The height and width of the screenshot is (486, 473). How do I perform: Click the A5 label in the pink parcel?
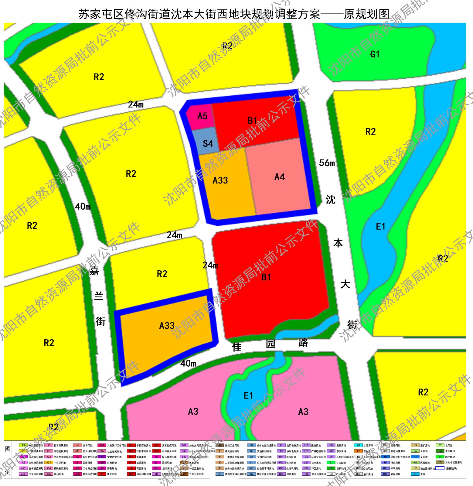tap(202, 116)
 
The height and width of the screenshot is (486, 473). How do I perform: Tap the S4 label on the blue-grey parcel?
tap(208, 143)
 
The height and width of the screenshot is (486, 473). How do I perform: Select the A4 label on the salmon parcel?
tap(279, 177)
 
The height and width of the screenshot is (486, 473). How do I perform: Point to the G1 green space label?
tap(375, 54)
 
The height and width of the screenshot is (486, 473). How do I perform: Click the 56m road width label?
tap(327, 163)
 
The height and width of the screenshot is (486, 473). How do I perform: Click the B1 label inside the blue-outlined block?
tap(253, 121)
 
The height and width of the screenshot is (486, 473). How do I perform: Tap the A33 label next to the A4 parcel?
tap(220, 180)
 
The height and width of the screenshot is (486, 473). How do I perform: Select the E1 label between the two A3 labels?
tap(248, 395)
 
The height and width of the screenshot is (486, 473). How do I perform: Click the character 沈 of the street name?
tap(331, 200)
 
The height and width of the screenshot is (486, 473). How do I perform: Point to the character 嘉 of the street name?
tap(94, 270)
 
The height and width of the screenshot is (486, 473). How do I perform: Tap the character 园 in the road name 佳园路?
tap(270, 344)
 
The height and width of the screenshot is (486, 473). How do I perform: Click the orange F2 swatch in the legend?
tap(358, 451)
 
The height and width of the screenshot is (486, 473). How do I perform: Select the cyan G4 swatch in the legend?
tap(358, 446)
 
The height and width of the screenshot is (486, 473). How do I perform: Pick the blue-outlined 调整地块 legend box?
tap(440, 468)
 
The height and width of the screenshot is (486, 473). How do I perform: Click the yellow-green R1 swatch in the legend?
tap(23, 446)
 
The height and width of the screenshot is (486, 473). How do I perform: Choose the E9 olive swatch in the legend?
tap(440, 462)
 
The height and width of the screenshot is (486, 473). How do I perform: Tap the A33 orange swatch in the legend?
tap(49, 463)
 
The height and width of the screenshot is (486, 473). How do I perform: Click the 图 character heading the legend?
tap(8, 449)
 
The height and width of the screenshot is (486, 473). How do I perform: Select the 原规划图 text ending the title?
tap(366, 14)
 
